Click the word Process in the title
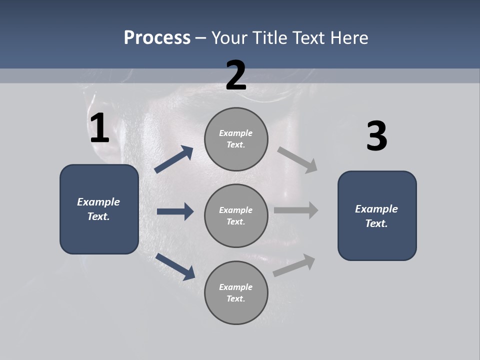tap(157, 38)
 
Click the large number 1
tap(99, 128)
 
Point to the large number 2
tap(236, 75)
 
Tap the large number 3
tap(376, 136)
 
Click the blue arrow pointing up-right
tap(174, 159)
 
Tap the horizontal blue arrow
tap(175, 211)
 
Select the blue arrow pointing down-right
tap(175, 266)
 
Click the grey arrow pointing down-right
tap(297, 159)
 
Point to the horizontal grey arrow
tap(296, 210)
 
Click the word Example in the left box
tap(98, 202)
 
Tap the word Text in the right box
tap(376, 223)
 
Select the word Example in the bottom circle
tap(236, 287)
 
